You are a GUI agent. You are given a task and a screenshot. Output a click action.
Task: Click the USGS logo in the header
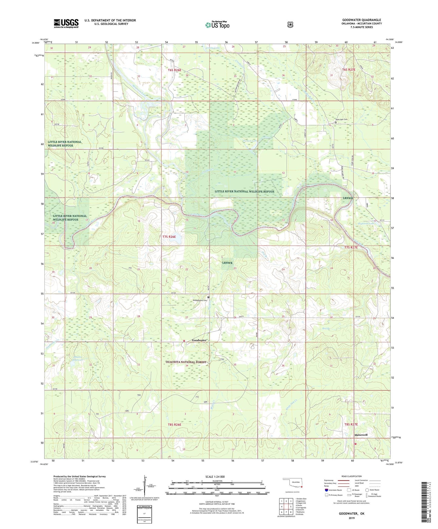pos(66,23)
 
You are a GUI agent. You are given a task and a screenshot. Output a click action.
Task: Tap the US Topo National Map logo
pos(217,25)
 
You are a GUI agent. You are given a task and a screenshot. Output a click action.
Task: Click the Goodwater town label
pos(199,340)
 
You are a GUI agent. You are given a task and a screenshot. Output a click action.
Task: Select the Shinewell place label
pos(361,435)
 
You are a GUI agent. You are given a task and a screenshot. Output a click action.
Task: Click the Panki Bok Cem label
pos(341,119)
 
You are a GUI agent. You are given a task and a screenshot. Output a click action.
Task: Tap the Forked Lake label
pos(250,141)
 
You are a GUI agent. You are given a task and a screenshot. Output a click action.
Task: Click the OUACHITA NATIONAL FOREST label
pos(186,362)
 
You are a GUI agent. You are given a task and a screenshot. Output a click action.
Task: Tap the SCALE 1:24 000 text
pos(215,477)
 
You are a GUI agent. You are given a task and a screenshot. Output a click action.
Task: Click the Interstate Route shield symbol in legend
pos(326,490)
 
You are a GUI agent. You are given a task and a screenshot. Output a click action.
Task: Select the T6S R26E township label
pos(174,70)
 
